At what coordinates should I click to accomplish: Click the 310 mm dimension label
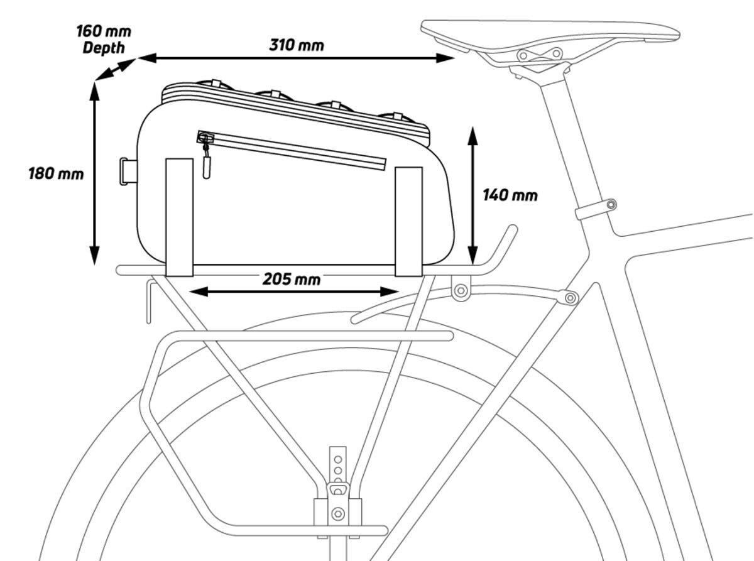point(297,45)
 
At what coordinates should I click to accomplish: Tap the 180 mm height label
point(55,173)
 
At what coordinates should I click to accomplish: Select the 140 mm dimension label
point(510,195)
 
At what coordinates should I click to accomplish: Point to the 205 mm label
point(291,278)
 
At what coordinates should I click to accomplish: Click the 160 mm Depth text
point(103,39)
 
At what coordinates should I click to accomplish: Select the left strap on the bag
point(179,217)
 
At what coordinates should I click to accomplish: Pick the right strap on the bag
point(408,221)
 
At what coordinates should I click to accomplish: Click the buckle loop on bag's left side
point(128,172)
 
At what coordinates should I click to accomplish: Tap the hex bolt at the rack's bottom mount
point(338,514)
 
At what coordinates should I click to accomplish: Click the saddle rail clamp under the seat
point(539,55)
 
